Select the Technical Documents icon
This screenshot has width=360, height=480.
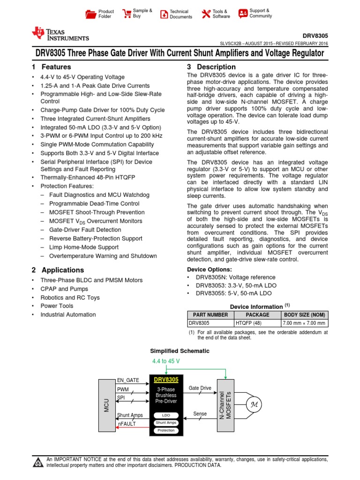coord(164,14)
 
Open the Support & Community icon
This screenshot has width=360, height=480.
coord(242,14)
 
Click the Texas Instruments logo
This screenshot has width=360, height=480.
coord(60,34)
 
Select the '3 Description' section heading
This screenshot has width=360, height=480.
coord(211,67)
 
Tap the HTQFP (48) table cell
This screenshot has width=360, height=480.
coord(257,323)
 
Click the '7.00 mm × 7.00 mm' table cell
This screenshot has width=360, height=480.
coord(304,323)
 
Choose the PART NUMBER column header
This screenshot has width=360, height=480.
coord(210,315)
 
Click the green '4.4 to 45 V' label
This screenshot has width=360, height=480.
coord(166,361)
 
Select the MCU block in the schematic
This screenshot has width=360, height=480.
coord(107,404)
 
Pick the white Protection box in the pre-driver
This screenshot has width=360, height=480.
coord(166,430)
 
